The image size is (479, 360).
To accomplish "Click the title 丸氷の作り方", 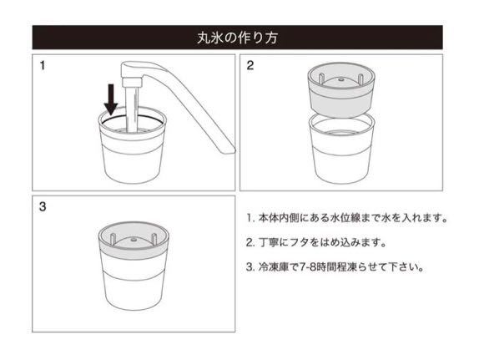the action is [x=237, y=38].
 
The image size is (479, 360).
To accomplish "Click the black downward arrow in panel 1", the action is [x=111, y=99].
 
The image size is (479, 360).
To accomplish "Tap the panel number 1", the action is [x=43, y=65].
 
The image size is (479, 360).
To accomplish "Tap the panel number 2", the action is [x=250, y=65].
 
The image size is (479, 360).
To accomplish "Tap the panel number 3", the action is [x=43, y=207].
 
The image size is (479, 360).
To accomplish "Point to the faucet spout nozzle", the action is [x=132, y=81].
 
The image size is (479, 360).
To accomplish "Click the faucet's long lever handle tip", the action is [x=228, y=149].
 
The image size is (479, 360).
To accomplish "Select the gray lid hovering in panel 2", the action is [x=340, y=89].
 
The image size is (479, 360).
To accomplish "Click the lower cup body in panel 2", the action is [x=341, y=150].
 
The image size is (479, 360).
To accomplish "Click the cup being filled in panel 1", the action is [x=133, y=146].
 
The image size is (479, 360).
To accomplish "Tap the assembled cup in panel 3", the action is [x=134, y=266].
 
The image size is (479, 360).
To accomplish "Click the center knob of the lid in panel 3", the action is [x=134, y=239].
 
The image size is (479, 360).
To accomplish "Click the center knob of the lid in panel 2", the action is [x=341, y=79].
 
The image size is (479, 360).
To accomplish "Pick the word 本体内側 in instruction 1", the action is [x=278, y=218].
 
